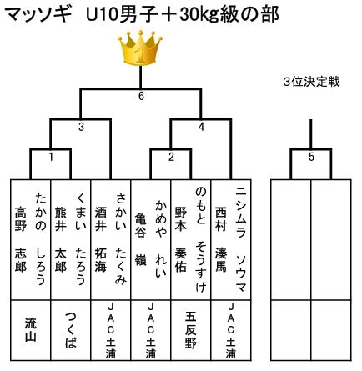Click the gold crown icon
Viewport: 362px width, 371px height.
point(140,48)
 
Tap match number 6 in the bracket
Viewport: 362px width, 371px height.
point(141,96)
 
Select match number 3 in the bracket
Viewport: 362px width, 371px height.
point(81,127)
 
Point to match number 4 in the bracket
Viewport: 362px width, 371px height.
point(201,127)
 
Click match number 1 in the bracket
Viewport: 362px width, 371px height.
point(51,157)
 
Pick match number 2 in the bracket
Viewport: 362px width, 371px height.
point(171,157)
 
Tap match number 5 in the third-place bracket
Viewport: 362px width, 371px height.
point(311,157)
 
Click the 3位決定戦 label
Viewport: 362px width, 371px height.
point(311,82)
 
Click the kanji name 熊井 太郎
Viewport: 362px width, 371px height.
point(61,239)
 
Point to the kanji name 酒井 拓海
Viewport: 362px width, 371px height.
point(101,239)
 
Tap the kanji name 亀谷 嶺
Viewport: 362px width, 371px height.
point(141,239)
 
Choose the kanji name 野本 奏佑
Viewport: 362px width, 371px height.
point(181,239)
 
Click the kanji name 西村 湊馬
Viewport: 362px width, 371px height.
point(221,239)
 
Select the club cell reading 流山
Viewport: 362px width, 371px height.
point(31,329)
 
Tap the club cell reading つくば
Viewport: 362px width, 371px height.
point(71,330)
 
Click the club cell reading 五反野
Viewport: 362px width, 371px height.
point(191,330)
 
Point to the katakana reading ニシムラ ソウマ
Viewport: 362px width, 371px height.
point(241,239)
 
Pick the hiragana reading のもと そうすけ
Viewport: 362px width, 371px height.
point(201,239)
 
